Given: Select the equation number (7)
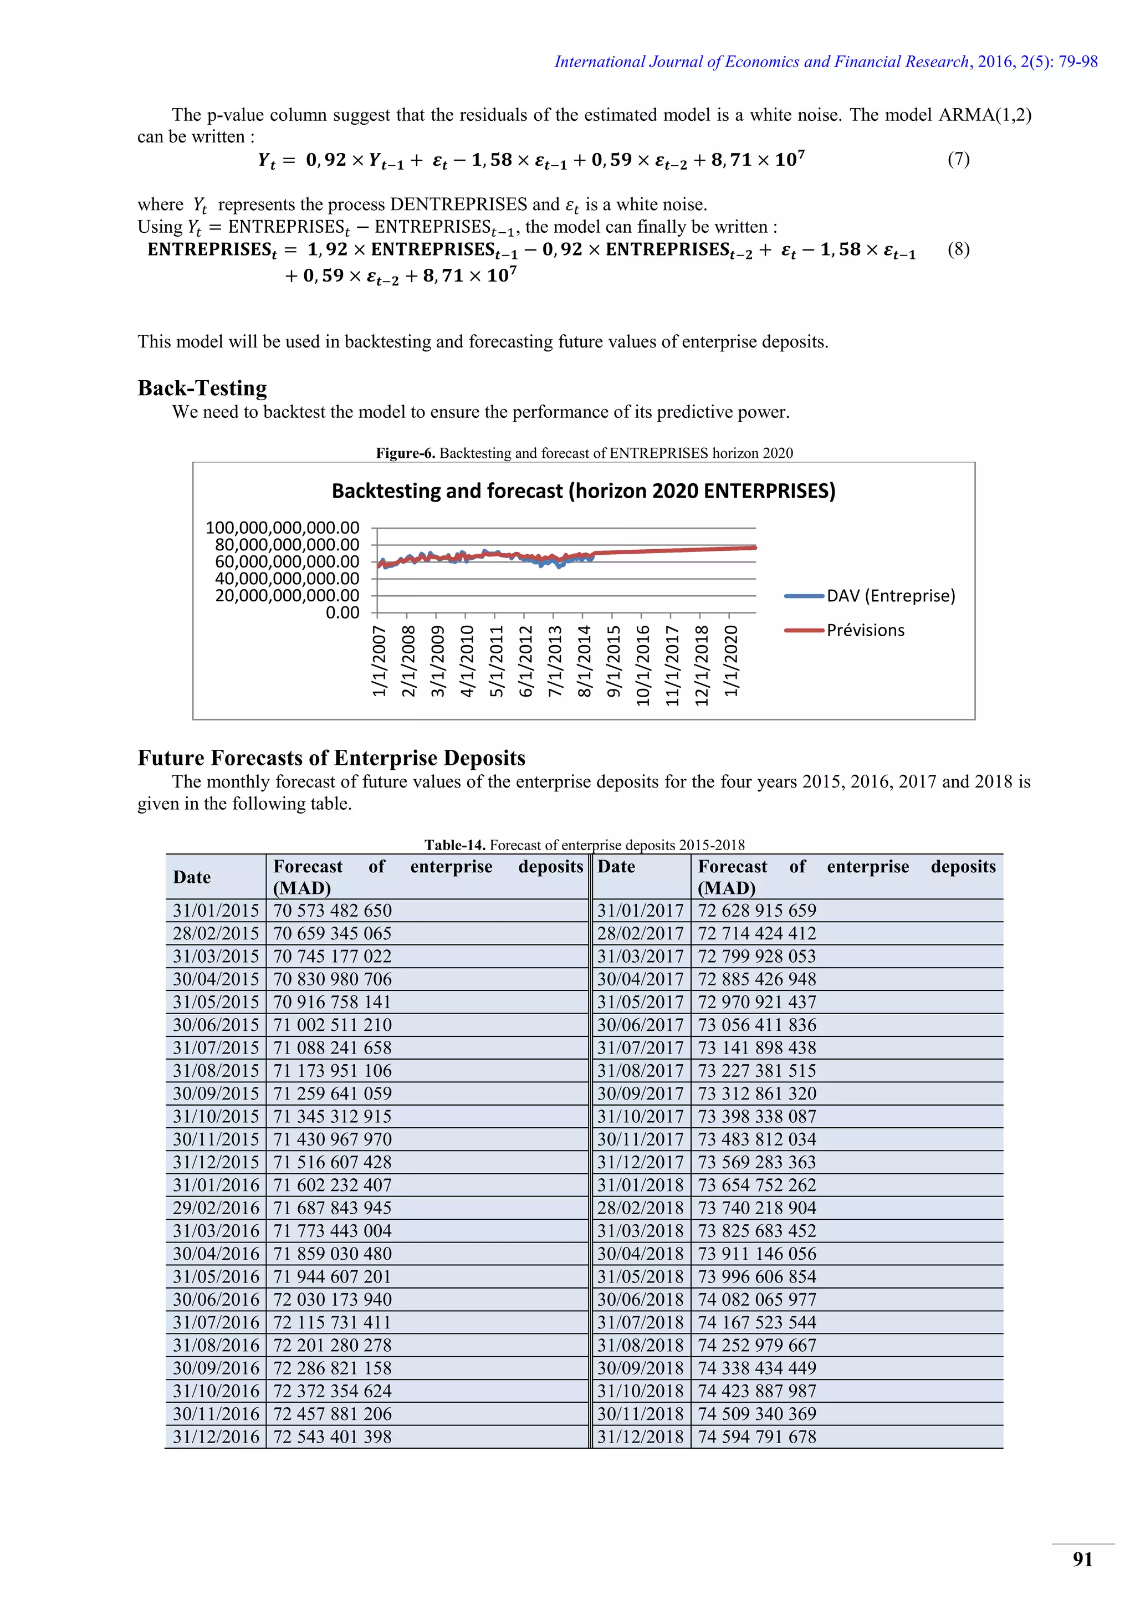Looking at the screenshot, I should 958,160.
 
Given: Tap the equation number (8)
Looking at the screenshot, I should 958,249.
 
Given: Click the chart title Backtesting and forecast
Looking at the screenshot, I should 583,490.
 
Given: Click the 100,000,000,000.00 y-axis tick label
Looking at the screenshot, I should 282,528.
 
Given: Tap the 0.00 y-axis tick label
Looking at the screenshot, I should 342,613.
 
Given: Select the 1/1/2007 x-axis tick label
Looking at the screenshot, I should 380,661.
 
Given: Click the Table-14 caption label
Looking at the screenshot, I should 455,845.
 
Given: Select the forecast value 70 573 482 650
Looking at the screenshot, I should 333,910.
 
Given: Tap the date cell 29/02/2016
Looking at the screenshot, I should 216,1208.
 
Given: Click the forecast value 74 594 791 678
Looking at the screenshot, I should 757,1437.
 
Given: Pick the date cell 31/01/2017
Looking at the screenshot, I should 640,910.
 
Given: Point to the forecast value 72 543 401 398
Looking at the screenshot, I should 333,1437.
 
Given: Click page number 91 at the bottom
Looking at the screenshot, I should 1082,1560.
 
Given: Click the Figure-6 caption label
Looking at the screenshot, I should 405,453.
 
